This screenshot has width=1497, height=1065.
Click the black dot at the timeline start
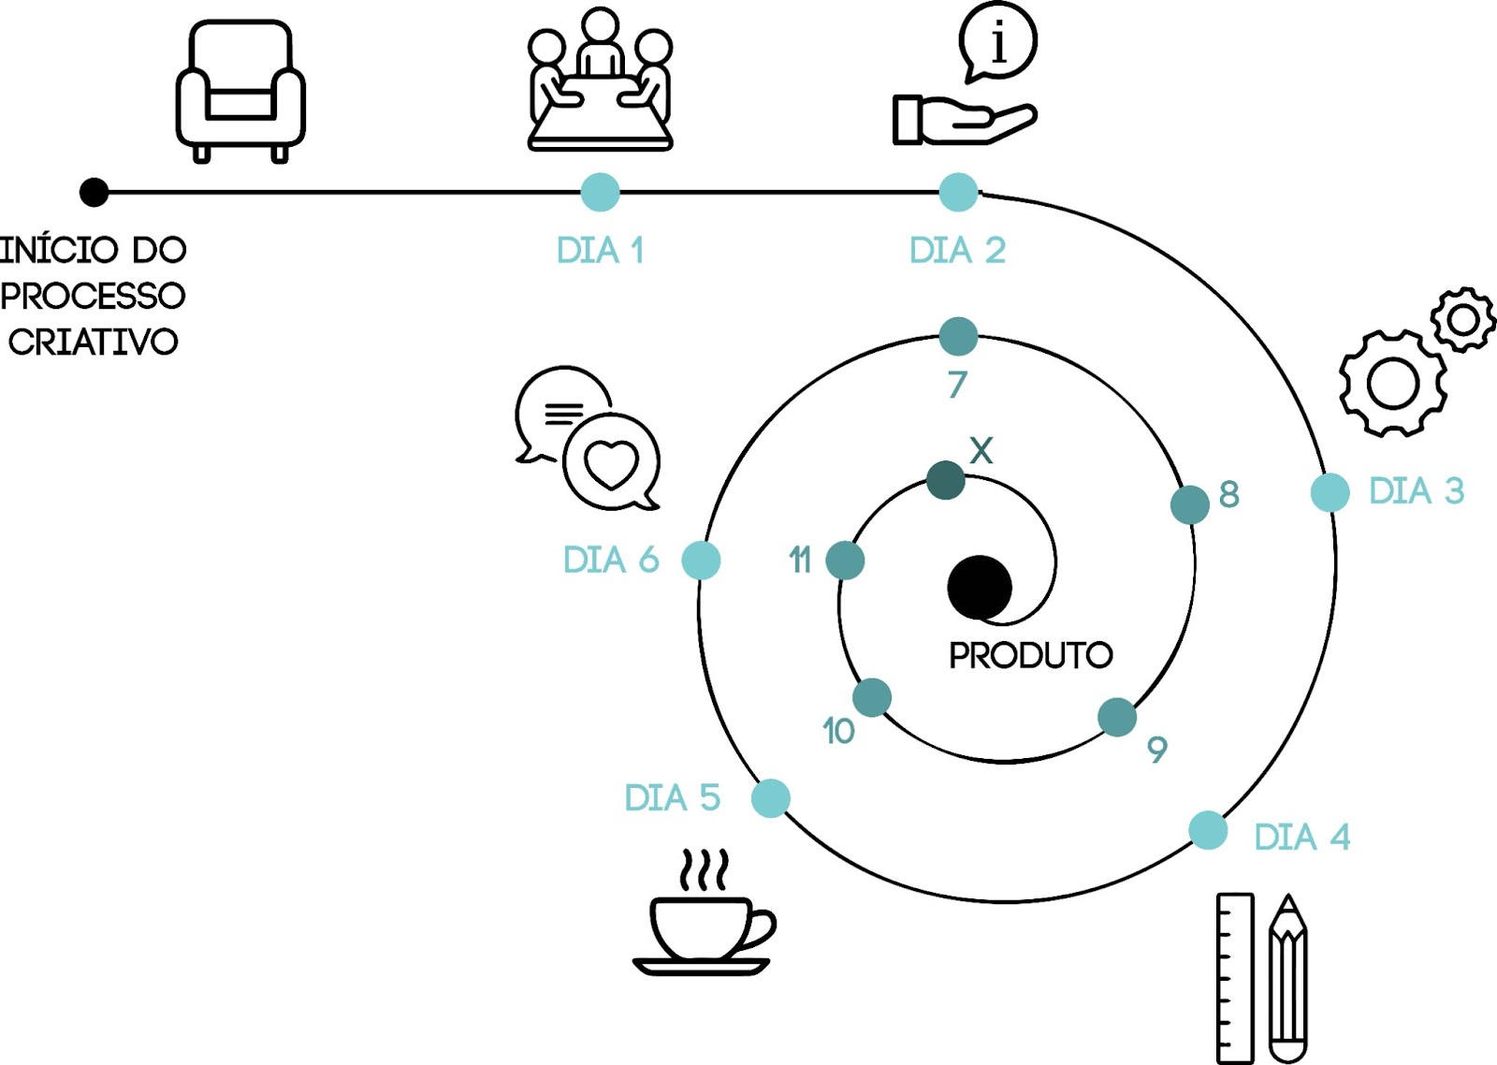tap(94, 193)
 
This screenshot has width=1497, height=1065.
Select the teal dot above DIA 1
tap(600, 193)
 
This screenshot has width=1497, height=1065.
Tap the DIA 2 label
tap(957, 251)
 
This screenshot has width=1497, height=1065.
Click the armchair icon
tap(240, 91)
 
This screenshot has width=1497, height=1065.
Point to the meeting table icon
tap(600, 82)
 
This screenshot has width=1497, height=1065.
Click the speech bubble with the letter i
tap(998, 42)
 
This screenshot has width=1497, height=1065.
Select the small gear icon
tap(1462, 320)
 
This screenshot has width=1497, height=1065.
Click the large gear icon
tap(1393, 383)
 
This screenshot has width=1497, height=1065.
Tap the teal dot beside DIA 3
tap(1330, 492)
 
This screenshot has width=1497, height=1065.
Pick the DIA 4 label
tap(1301, 837)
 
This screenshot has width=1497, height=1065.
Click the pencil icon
tap(1288, 978)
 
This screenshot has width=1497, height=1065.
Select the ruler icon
tap(1234, 978)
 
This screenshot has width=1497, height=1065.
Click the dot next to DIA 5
tap(770, 798)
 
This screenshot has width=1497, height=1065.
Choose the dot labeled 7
tap(958, 337)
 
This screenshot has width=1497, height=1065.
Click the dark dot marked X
tap(945, 480)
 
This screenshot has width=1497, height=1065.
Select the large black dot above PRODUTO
tap(980, 588)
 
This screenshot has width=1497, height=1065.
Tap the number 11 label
tap(799, 561)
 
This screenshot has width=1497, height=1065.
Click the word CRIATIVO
tap(94, 343)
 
